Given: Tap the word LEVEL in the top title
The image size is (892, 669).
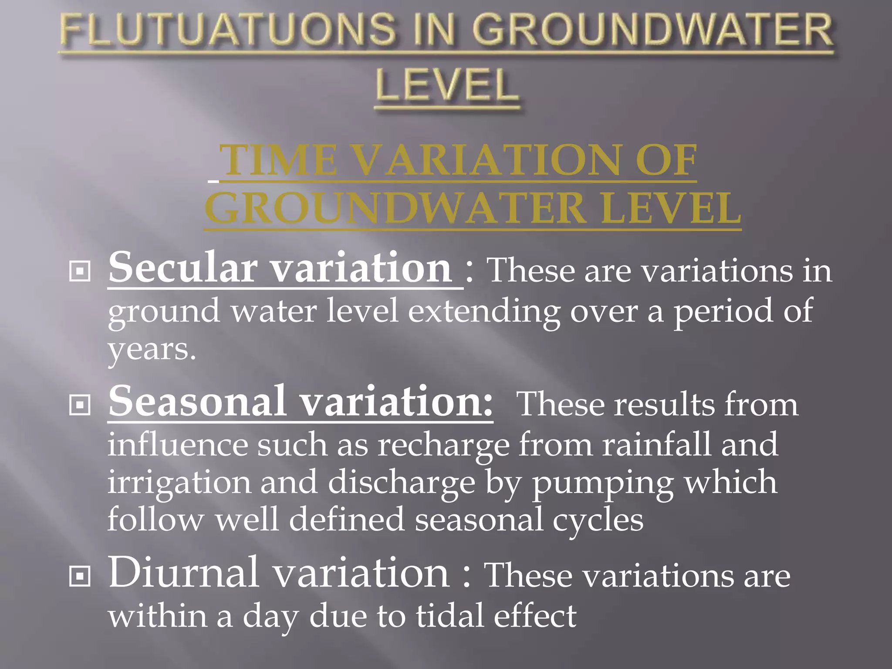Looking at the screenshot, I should pyautogui.click(x=447, y=85).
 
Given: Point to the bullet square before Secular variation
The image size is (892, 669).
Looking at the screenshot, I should pyautogui.click(x=80, y=271).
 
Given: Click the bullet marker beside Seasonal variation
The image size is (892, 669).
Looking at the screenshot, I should pyautogui.click(x=80, y=405).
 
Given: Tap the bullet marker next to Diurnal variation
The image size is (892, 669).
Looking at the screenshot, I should pyautogui.click(x=80, y=576).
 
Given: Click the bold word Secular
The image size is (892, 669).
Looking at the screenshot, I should pyautogui.click(x=183, y=267).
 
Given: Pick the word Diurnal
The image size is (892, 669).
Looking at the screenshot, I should pyautogui.click(x=183, y=572).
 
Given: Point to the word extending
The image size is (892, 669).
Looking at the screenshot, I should pyautogui.click(x=484, y=311).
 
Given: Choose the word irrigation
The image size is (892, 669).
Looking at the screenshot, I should pyautogui.click(x=179, y=483).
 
